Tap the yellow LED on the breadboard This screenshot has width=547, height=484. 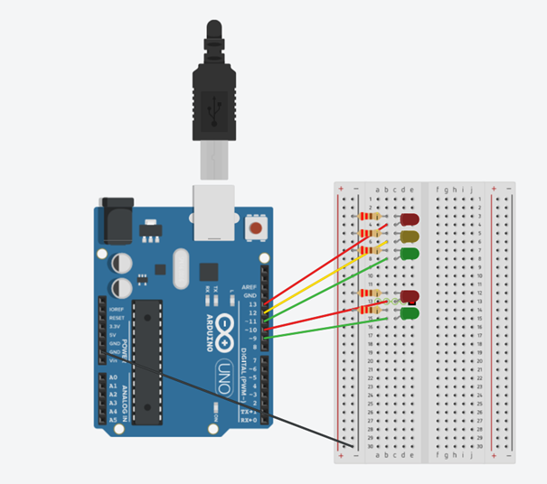point(410,237)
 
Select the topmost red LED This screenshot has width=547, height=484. point(410,219)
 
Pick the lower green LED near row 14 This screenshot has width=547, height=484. point(410,313)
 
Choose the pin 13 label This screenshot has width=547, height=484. point(252,304)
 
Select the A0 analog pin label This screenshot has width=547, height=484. point(113,375)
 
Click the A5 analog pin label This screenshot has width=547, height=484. point(113,420)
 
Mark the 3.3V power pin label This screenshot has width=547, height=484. point(115,327)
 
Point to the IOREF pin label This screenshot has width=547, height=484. point(116,310)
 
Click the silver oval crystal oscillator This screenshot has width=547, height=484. point(178,268)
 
